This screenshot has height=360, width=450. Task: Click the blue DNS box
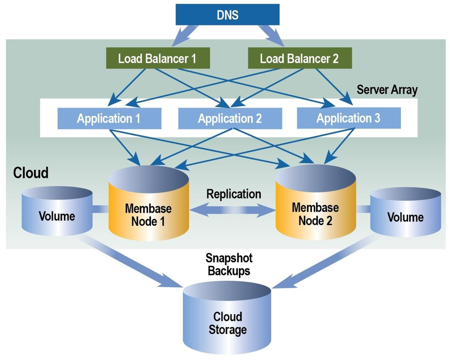coord(227,15)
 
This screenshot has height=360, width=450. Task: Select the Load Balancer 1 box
coord(157,58)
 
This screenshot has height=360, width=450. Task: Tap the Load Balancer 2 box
coord(299,58)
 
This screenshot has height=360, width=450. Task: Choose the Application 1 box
coord(109,119)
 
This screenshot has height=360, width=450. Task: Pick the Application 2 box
coord(230,119)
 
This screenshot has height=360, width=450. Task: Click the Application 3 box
coord(349,118)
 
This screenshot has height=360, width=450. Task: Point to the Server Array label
coord(387,90)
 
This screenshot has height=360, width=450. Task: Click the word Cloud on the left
coord(31,173)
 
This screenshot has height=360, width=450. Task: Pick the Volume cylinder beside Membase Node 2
coord(406,215)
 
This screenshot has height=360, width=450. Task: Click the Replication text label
coord(233,194)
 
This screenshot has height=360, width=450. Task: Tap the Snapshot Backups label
coord(228,264)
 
